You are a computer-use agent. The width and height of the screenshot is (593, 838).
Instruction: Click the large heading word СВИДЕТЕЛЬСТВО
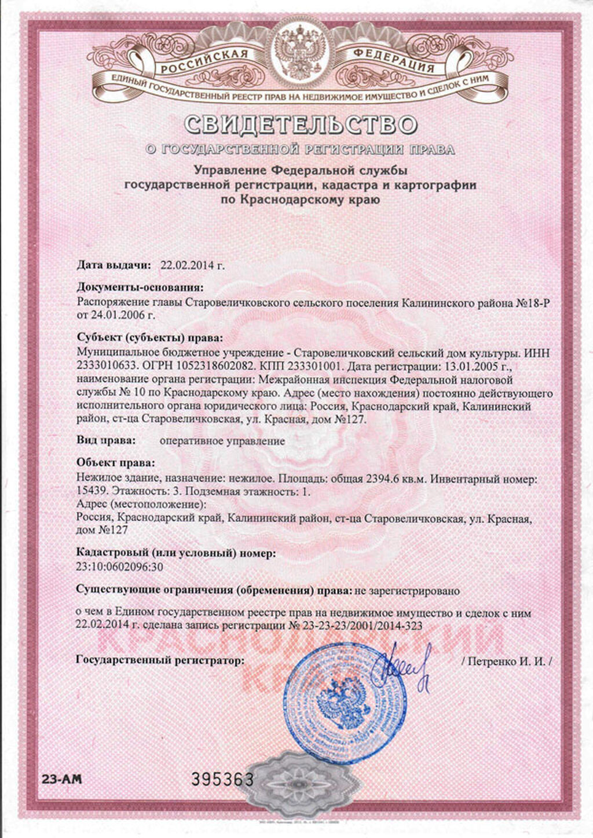[x=301, y=124]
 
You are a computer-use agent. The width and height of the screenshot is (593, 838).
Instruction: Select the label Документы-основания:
[x=140, y=288]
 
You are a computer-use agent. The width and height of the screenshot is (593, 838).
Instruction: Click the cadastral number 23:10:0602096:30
[x=119, y=567]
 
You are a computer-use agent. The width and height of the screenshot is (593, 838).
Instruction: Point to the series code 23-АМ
[x=61, y=778]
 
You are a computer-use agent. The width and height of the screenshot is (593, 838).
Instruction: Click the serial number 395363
[x=222, y=779]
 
